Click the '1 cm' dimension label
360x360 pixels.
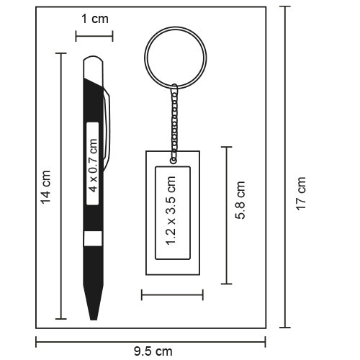[x=94, y=19]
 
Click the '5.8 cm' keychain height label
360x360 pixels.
[x=243, y=199]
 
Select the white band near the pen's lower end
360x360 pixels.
[x=92, y=240]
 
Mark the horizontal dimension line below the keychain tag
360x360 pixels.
[x=172, y=294]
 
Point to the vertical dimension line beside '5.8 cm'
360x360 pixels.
[x=227, y=215]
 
